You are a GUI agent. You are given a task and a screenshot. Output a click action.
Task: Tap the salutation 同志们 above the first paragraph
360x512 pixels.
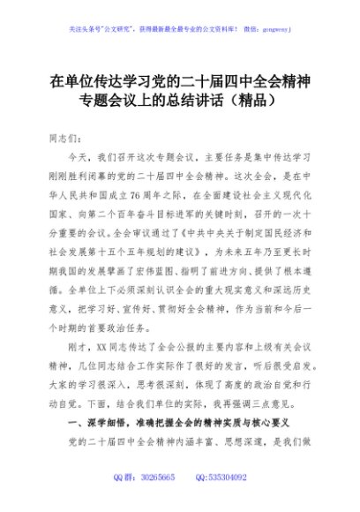[x=67, y=139]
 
